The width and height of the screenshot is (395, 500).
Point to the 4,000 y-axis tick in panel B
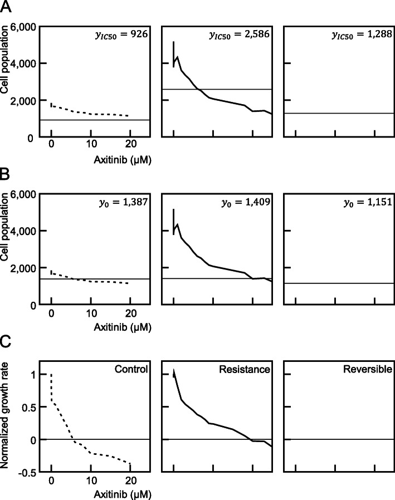22,231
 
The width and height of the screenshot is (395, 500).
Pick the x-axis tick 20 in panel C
130,482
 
